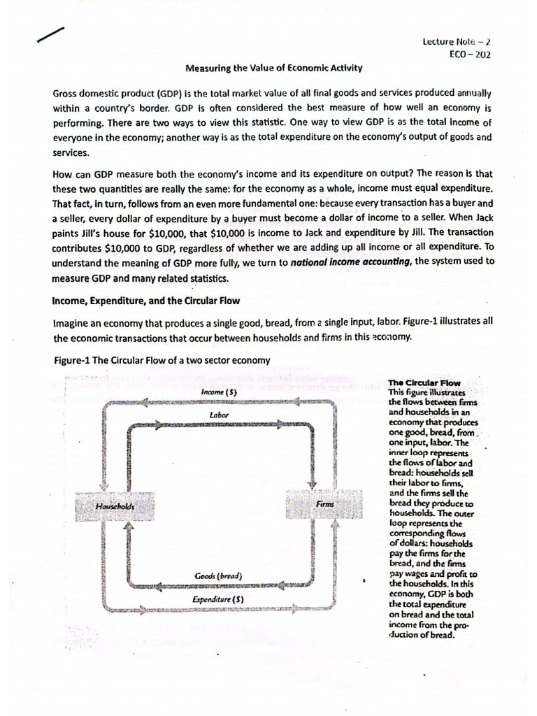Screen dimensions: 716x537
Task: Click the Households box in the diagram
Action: [116, 505]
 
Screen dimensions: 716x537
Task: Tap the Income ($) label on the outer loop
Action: [219, 392]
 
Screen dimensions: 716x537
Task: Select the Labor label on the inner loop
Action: [220, 415]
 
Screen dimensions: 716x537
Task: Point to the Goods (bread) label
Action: [218, 576]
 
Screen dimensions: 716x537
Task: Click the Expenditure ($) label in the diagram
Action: [218, 599]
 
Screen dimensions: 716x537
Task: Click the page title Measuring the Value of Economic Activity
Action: [273, 69]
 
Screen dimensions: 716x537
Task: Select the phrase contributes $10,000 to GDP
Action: [115, 247]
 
